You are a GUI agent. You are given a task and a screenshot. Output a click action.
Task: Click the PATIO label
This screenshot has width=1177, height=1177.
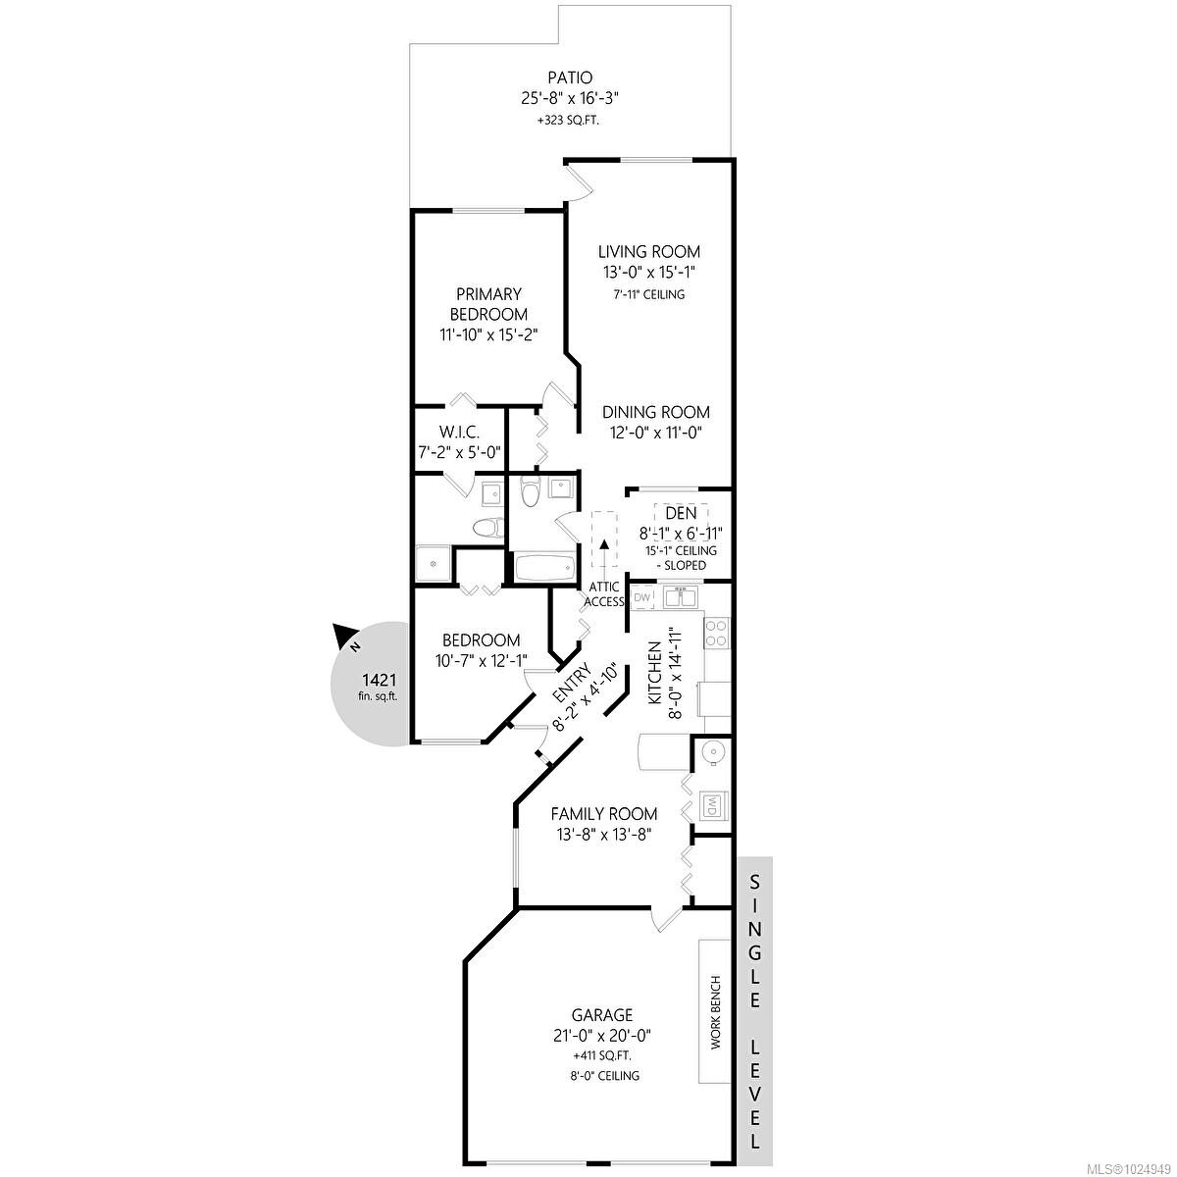click(x=570, y=77)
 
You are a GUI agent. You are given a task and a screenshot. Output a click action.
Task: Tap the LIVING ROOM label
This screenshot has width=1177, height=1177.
click(x=648, y=252)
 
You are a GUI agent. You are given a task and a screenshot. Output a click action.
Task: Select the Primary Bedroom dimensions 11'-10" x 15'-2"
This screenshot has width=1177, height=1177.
click(x=488, y=334)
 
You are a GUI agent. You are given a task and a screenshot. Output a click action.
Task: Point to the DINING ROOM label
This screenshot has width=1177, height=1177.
click(x=656, y=412)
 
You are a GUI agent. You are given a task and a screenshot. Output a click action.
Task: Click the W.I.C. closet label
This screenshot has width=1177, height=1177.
click(x=459, y=432)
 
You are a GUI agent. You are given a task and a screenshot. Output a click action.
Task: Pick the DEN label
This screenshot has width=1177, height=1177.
click(x=681, y=513)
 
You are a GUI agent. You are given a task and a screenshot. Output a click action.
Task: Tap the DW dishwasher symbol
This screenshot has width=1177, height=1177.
click(x=641, y=597)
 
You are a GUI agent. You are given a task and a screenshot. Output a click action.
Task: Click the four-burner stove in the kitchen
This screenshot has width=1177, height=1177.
click(x=716, y=633)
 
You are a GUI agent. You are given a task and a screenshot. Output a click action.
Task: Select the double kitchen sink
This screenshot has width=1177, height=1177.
click(x=680, y=596)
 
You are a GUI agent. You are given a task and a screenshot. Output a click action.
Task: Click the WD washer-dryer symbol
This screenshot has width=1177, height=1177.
click(x=711, y=806)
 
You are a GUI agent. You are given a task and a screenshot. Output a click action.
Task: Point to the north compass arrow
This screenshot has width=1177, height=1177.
click(x=342, y=636)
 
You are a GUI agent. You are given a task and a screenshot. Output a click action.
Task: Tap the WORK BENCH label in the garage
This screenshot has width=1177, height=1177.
click(x=716, y=1012)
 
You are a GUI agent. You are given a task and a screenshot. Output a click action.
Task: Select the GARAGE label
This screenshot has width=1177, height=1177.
click(x=602, y=1015)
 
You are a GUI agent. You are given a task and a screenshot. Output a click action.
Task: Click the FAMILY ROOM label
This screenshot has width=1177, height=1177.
click(x=604, y=813)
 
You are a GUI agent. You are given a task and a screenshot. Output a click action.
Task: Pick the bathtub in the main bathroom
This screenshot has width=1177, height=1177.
click(x=544, y=567)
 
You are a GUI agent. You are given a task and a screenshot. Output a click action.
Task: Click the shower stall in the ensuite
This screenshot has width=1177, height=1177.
click(x=434, y=564)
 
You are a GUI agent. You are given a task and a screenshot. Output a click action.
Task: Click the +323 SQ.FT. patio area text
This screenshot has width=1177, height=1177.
click(x=568, y=121)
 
